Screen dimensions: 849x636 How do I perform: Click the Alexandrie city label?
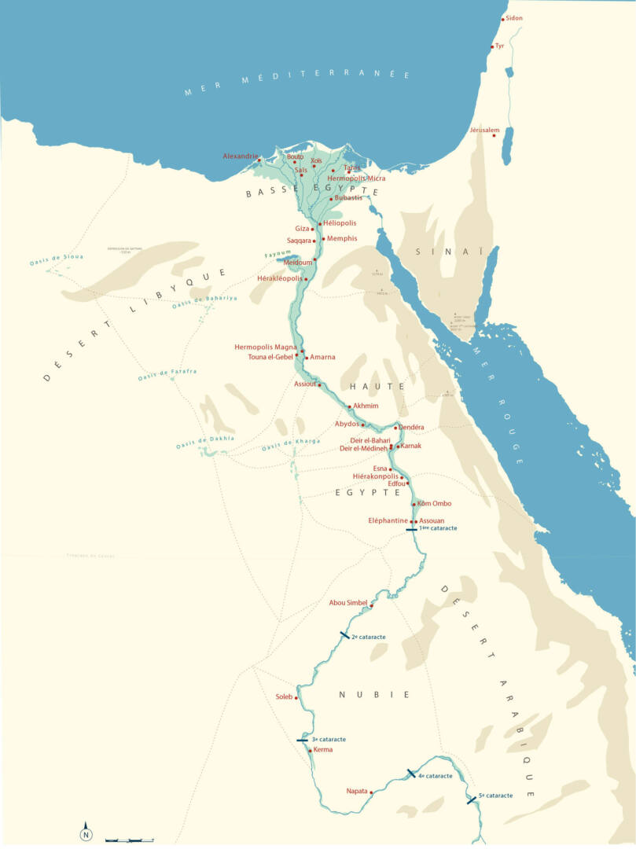pos(240,156)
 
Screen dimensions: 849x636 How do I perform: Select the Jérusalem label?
pos(484,130)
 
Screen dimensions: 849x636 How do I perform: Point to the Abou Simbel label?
pos(348,603)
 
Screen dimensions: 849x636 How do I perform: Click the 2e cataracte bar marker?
pos(344,634)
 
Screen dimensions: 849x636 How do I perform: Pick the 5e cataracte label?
pos(495,796)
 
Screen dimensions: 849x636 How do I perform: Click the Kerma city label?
pos(323,750)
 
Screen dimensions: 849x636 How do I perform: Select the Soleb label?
pos(284,696)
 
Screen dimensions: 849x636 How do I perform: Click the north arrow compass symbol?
pos(86,834)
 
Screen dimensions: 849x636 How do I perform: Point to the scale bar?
pos(129,840)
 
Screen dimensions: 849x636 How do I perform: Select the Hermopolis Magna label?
pos(265,347)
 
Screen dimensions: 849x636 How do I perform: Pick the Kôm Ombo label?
pos(435,504)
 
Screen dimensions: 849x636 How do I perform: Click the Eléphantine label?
pos(388,520)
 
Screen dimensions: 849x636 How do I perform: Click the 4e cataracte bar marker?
pos(410,774)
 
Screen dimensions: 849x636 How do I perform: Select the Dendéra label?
pos(411,427)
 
